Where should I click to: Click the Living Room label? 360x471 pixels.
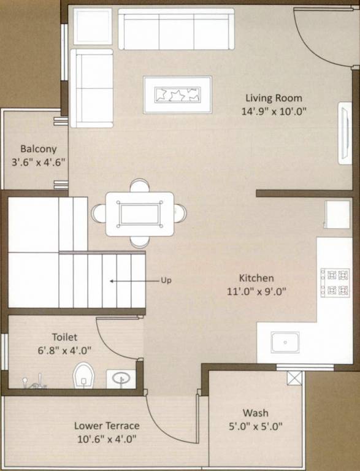[x=274, y=98]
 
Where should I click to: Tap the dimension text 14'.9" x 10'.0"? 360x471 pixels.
[x=274, y=112]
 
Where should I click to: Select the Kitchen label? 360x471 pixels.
[x=256, y=278]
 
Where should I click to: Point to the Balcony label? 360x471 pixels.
[x=39, y=148]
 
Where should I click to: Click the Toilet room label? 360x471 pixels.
[x=64, y=337]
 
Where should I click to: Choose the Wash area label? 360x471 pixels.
[x=255, y=413]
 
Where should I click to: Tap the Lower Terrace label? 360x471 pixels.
[x=107, y=426]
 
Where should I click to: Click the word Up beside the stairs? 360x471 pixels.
[x=166, y=281]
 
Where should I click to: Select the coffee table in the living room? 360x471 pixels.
[x=177, y=95]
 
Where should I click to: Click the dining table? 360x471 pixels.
[x=139, y=213]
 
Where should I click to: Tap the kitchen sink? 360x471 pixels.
[x=285, y=342]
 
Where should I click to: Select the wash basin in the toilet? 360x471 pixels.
[x=120, y=378]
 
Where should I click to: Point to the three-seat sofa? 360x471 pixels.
[x=176, y=29]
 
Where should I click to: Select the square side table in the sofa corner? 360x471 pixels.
[x=93, y=26]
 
